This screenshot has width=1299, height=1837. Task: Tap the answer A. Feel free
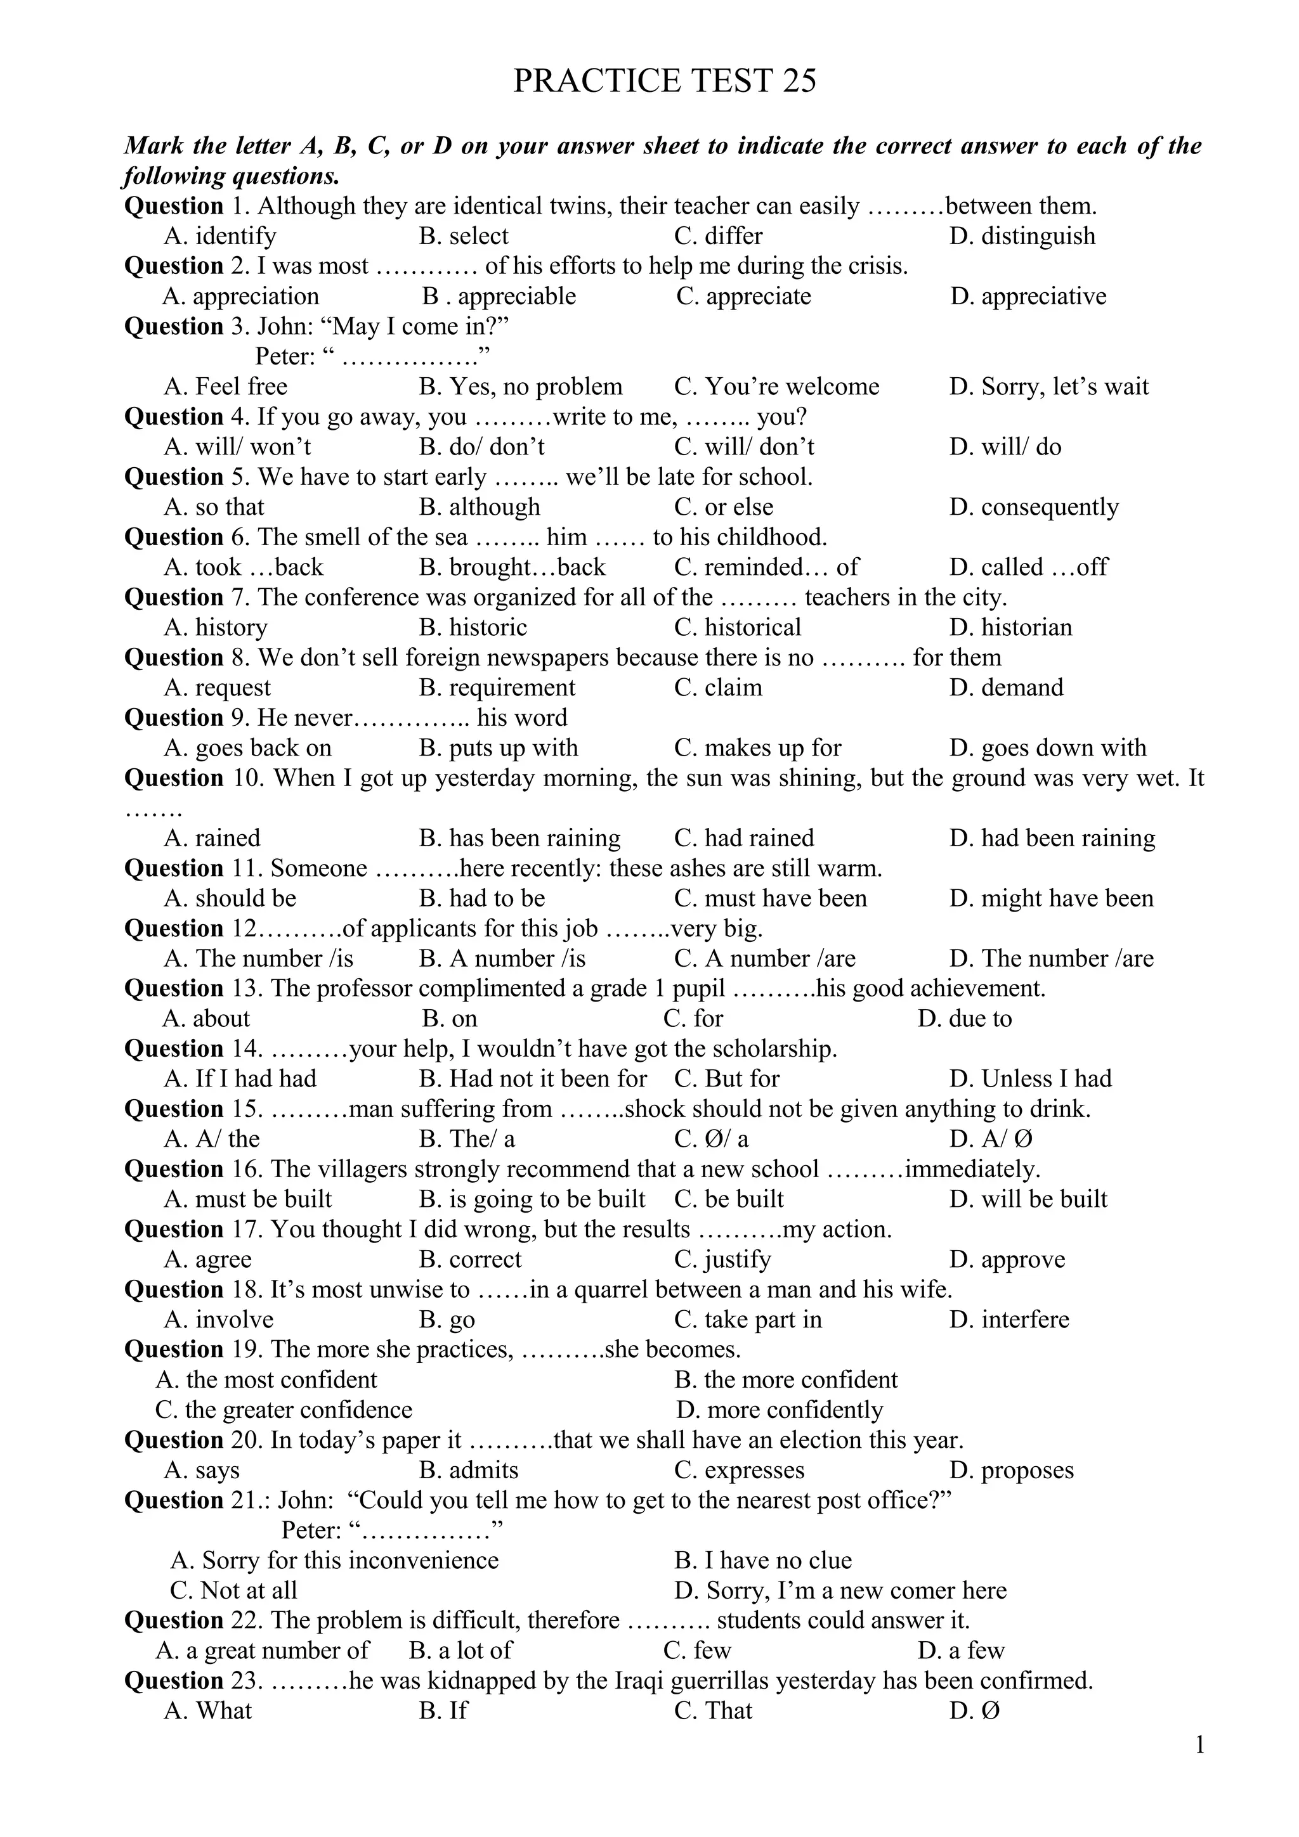226,387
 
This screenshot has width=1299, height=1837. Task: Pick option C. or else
724,507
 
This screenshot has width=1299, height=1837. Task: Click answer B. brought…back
512,567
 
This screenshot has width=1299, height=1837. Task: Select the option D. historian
1011,628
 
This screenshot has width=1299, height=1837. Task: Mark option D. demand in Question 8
1006,688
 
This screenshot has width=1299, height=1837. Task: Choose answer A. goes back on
247,748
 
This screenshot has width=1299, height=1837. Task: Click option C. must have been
770,898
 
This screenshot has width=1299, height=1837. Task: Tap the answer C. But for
727,1080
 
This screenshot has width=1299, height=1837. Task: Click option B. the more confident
786,1380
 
